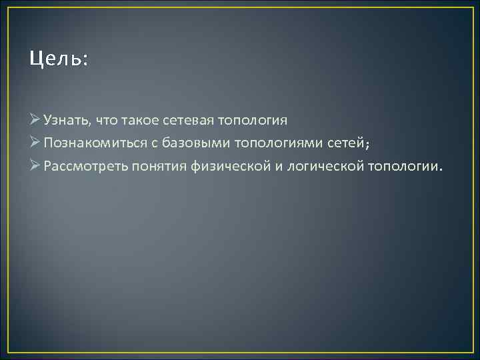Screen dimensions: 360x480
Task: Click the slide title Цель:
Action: pyautogui.click(x=59, y=59)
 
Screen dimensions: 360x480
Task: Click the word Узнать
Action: pyautogui.click(x=65, y=121)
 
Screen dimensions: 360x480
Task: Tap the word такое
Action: pyautogui.click(x=138, y=121)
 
